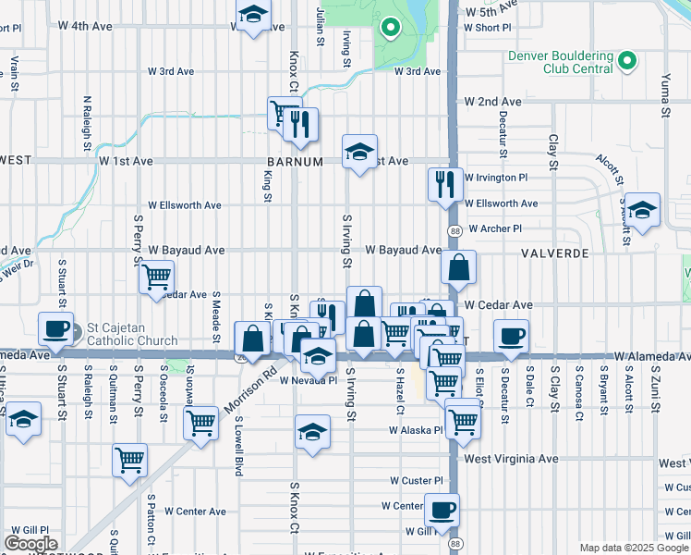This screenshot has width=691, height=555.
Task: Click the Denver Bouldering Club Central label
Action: pos(561,62)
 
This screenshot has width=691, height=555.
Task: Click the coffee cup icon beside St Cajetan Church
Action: pos(57,328)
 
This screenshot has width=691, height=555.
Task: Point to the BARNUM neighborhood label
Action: pos(297,161)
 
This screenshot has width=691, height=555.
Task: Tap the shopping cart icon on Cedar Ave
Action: pos(157,276)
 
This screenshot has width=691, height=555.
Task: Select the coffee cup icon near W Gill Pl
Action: pos(442,509)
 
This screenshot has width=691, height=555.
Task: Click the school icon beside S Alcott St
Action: pos(642,208)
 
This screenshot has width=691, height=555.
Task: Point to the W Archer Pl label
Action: pos(495,228)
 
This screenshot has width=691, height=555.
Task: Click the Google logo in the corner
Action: pos(30,544)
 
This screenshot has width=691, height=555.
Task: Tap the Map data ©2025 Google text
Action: pos(633,548)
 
